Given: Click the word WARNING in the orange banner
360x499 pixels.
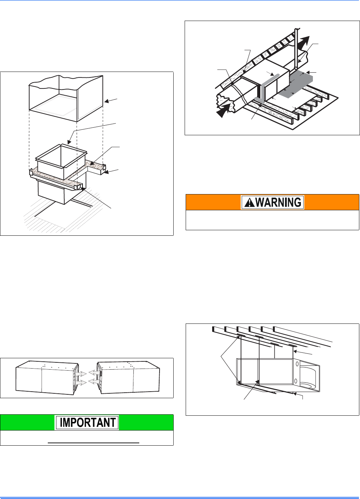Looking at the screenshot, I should pyautogui.click(x=279, y=202).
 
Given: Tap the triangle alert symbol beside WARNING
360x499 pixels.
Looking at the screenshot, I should pyautogui.click(x=249, y=203).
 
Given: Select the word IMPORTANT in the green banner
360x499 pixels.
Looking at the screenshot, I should pyautogui.click(x=87, y=423).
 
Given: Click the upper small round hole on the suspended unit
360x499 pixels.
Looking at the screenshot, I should pyautogui.click(x=296, y=364).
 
